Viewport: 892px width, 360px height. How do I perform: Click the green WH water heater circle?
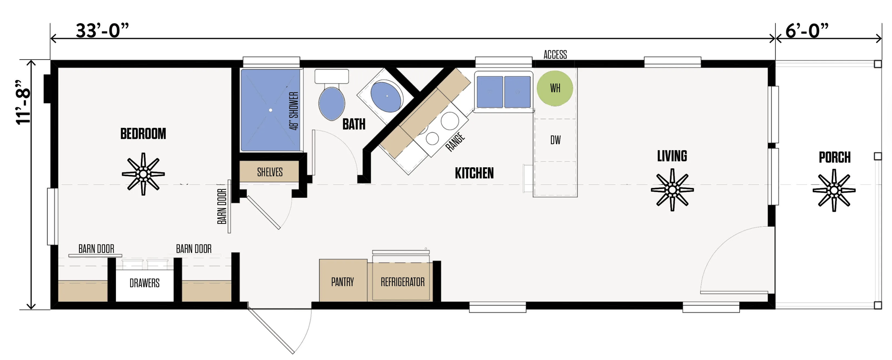tap(554, 88)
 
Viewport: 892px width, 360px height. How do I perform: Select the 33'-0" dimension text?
tap(102, 31)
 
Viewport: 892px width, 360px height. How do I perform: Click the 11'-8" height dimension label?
tap(24, 102)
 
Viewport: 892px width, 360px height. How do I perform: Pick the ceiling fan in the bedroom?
tap(143, 174)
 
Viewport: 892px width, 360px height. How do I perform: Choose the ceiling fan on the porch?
tap(834, 191)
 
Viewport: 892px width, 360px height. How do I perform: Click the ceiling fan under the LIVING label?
tap(672, 190)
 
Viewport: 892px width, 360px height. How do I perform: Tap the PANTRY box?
tap(343, 282)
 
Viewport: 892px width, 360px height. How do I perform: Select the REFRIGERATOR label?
tap(402, 282)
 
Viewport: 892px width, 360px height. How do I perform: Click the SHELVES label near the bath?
tap(270, 172)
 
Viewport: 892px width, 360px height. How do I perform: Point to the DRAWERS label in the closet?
tap(144, 283)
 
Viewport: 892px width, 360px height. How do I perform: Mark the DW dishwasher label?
tap(555, 140)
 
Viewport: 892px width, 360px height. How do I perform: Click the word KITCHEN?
tap(474, 173)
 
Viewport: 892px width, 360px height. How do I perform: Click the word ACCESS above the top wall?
tap(555, 55)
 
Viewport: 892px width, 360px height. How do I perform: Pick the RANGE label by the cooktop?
tap(455, 142)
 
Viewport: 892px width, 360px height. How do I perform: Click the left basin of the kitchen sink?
tap(490, 92)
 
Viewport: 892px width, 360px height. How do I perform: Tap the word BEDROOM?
tap(143, 134)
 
